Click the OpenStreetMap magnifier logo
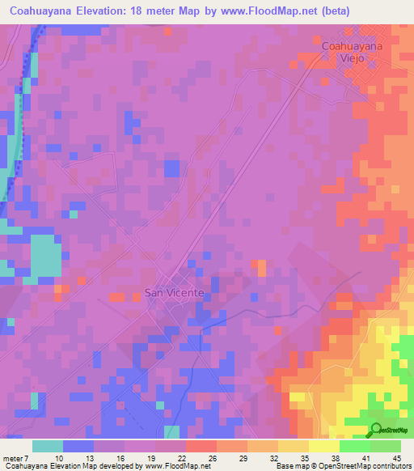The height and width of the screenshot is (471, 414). (x=377, y=431)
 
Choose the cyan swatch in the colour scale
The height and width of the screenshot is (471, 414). (x=48, y=446)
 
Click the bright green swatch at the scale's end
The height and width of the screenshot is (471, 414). (x=386, y=446)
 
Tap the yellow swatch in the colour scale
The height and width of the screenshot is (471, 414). (x=324, y=446)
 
